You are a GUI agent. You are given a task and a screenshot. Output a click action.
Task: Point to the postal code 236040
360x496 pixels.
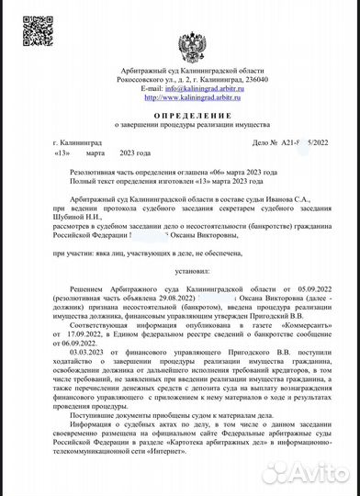[254, 81]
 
